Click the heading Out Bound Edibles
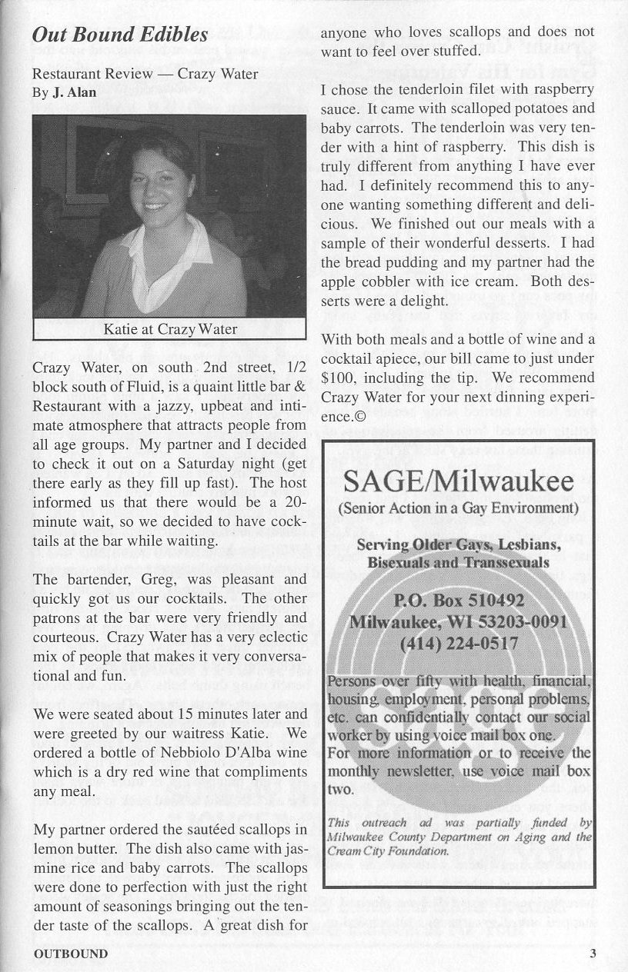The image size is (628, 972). (x=120, y=35)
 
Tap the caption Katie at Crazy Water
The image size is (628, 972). (x=170, y=329)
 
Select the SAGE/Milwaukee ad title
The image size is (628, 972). (x=458, y=483)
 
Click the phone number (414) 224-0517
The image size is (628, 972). (x=459, y=644)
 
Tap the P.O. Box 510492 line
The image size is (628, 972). (x=459, y=600)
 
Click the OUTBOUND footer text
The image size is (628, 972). (x=70, y=954)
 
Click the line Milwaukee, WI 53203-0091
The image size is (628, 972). (x=459, y=621)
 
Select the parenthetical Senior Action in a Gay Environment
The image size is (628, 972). (x=458, y=508)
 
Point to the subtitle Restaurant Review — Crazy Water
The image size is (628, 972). (x=145, y=75)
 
